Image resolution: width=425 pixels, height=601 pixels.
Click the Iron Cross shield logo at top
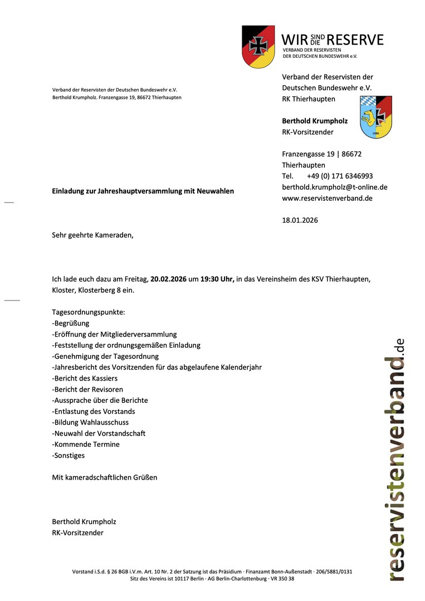(x=258, y=47)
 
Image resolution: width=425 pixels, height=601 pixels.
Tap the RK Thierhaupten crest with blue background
(x=376, y=117)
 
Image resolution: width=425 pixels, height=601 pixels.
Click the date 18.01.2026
(x=300, y=220)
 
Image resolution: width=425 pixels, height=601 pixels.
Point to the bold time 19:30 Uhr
(x=217, y=279)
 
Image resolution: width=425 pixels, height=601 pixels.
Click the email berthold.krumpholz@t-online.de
(x=335, y=187)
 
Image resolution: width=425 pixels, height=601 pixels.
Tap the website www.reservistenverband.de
(x=328, y=198)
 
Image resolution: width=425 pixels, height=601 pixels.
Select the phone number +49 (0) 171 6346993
(x=340, y=176)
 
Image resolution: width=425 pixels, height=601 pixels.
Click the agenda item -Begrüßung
(x=71, y=323)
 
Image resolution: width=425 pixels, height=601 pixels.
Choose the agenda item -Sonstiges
(x=69, y=455)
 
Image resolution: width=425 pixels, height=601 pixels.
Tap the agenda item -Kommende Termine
(x=86, y=444)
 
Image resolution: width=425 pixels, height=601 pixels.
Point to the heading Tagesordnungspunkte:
(x=89, y=312)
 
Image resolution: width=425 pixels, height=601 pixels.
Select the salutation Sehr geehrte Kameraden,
(x=93, y=235)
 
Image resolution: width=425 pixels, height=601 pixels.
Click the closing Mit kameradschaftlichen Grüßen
(x=105, y=477)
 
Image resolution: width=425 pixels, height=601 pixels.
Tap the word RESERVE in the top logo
(x=355, y=40)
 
